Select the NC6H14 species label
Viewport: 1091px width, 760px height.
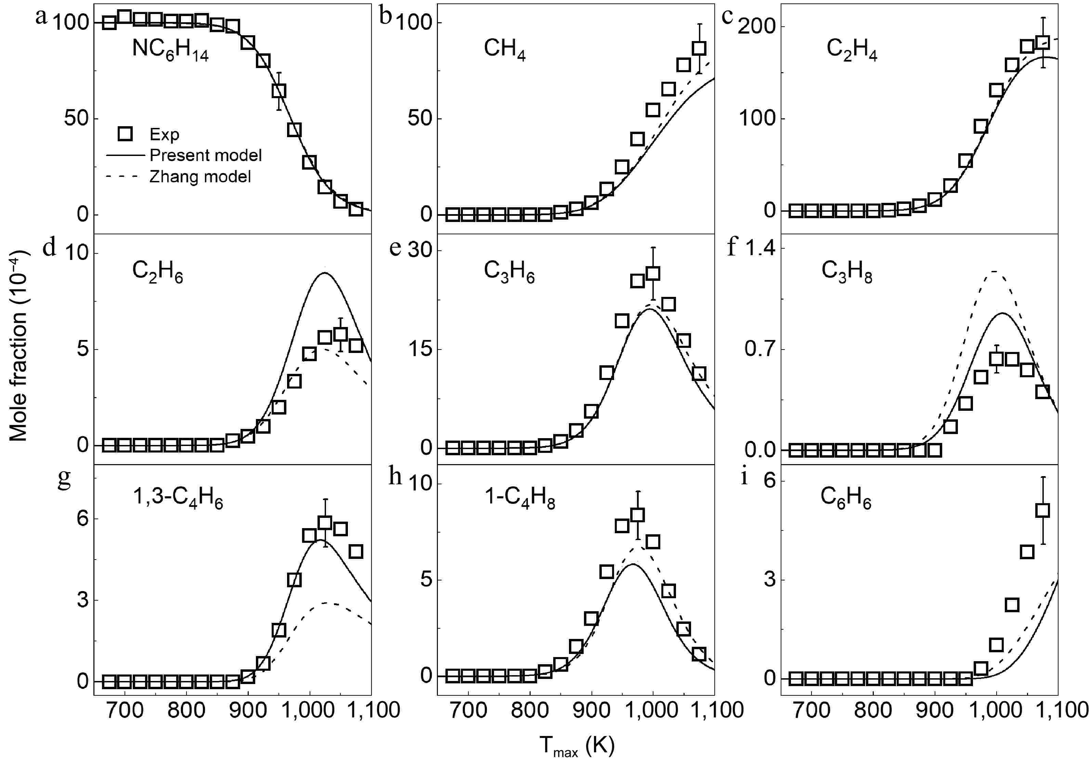coord(170,50)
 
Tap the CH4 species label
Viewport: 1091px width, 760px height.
coord(504,49)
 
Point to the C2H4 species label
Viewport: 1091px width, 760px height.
coord(852,49)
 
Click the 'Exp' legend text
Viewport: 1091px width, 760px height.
coord(165,135)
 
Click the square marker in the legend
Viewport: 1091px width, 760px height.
coord(125,134)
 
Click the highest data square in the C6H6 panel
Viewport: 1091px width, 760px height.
coord(1042,511)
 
